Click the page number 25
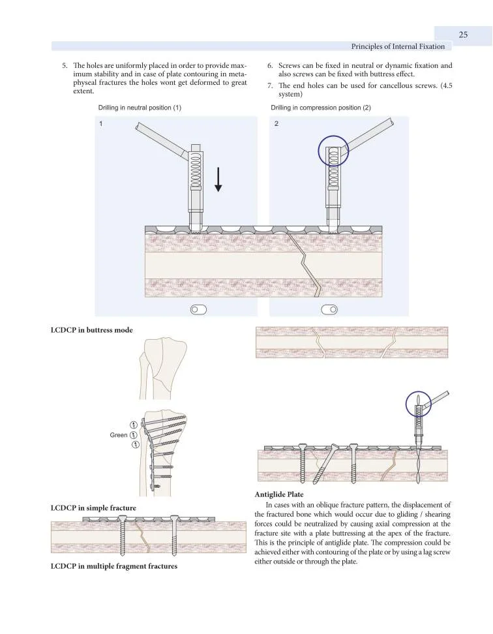point(463,35)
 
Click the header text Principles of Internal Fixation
point(398,46)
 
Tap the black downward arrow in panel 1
point(218,178)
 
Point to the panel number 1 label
point(101,123)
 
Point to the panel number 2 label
point(277,123)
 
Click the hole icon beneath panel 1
point(198,309)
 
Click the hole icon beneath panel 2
point(330,309)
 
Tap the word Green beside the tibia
point(119,435)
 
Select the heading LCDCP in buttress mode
point(91,330)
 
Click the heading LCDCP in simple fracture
point(93,507)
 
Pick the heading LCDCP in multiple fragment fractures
point(114,566)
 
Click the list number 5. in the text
point(65,66)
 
